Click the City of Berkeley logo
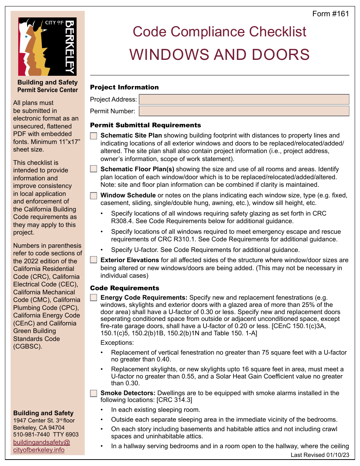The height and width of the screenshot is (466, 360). (47, 47)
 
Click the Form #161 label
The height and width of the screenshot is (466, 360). (330, 14)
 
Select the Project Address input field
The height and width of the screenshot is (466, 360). (244, 100)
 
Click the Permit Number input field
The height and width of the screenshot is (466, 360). (244, 111)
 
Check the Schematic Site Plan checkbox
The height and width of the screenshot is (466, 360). (94, 136)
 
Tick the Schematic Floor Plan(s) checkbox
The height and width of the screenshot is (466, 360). (94, 169)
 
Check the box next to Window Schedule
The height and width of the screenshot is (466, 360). (94, 196)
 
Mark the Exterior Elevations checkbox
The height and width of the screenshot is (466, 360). (94, 260)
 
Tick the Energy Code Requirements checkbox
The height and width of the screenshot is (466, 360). (94, 298)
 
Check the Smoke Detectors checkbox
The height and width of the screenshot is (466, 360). (94, 393)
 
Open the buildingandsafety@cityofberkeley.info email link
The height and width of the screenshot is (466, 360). (42, 446)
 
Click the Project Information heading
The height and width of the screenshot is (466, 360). (124, 88)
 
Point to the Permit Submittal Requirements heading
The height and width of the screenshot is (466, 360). (146, 125)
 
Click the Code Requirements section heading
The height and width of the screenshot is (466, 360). (125, 288)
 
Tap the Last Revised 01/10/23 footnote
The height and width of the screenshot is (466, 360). (320, 455)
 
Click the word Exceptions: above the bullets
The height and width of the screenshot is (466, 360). (117, 343)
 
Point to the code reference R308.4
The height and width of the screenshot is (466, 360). (124, 221)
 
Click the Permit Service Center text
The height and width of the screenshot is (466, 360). (47, 90)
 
